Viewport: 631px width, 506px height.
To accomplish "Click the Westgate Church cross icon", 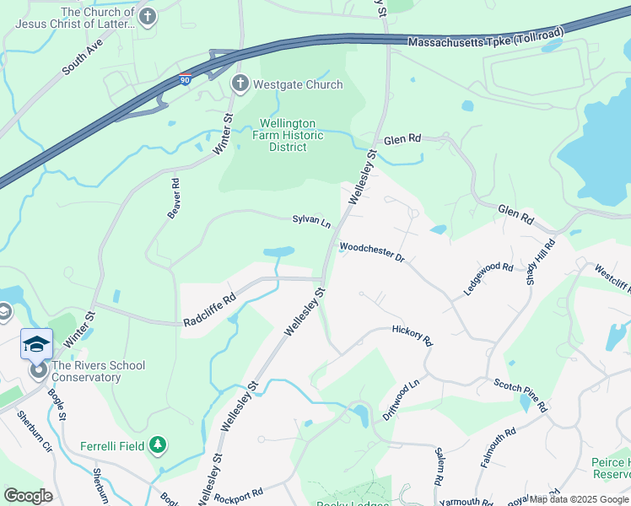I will coord(240,84).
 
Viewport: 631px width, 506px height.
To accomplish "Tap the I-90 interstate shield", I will coord(186,78).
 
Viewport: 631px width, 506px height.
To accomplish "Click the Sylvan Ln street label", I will coord(311,221).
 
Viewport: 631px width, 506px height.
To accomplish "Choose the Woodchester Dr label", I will coord(372,252).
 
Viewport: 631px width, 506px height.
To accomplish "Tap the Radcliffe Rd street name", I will coord(210,311).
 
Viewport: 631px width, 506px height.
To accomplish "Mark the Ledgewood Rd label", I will coord(488,278).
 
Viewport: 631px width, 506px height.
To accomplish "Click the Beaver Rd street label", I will coord(174,199).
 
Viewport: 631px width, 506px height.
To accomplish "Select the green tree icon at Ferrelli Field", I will coord(157,444).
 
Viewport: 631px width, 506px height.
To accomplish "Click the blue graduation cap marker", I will coord(36,343).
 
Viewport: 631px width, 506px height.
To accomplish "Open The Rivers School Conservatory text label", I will coord(99,371).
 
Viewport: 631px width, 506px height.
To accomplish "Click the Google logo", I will coord(28,496).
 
